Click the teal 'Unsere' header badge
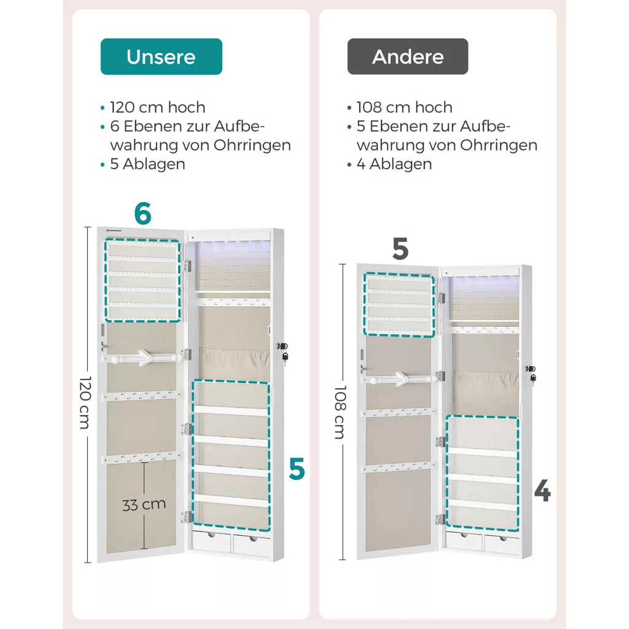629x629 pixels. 162,57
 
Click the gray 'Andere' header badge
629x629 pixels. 408,57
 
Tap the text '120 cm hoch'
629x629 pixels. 158,107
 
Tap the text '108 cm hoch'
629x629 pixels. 404,107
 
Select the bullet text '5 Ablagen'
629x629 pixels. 147,164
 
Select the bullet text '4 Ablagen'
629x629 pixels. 394,164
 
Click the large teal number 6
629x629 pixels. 143,213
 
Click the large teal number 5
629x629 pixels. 297,469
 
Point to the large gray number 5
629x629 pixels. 400,249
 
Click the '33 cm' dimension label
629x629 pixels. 144,505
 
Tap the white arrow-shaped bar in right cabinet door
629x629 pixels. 403,379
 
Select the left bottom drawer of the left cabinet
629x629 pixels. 211,541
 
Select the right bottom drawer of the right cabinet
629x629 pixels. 501,544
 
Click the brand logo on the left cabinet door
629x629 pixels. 114,231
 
